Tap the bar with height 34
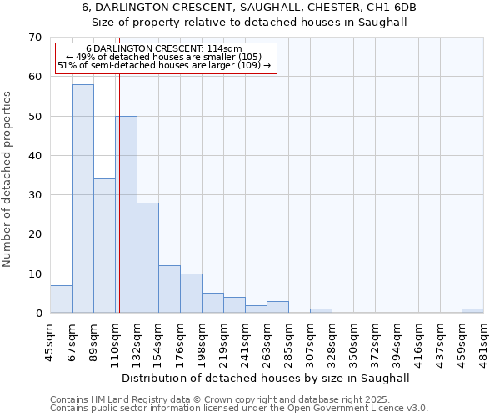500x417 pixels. click(x=104, y=246)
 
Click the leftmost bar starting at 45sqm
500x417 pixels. click(x=61, y=299)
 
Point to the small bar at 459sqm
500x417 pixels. click(x=472, y=311)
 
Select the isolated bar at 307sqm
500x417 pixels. click(x=321, y=311)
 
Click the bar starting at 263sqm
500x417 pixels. click(x=277, y=307)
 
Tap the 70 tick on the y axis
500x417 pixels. click(x=34, y=38)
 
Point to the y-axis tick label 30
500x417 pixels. click(x=34, y=195)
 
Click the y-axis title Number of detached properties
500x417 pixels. click(x=8, y=179)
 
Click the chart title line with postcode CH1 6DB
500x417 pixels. click(x=249, y=8)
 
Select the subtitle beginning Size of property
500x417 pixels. click(x=249, y=22)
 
